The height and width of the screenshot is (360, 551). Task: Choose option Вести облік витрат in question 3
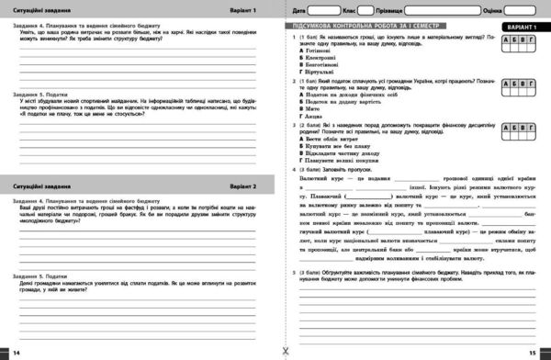[x=332, y=136]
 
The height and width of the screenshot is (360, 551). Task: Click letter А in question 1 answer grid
[x=508, y=42]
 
